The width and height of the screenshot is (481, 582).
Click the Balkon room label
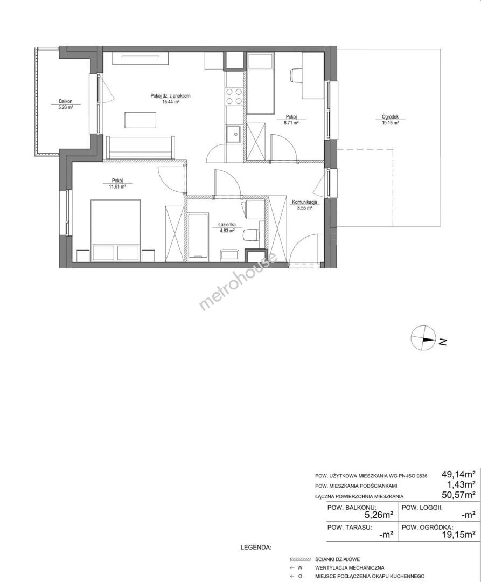tap(65, 101)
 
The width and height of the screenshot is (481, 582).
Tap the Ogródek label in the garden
tap(390, 117)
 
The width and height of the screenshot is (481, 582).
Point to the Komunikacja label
tap(304, 202)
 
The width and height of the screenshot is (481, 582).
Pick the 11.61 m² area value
tap(117, 186)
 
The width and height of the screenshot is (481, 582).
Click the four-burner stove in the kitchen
tap(234, 96)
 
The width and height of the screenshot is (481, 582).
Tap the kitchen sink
tap(234, 133)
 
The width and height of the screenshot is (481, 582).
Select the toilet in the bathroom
tap(250, 235)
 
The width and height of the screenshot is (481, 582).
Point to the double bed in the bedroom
tap(116, 230)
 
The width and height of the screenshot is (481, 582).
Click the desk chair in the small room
tap(296, 75)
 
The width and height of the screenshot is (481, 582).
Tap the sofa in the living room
tap(140, 148)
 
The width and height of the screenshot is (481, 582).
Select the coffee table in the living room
tap(141, 120)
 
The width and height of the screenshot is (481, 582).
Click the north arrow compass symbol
tap(423, 338)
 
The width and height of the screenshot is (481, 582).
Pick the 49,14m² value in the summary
tap(458, 474)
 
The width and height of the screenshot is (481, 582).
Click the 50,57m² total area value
tap(458, 494)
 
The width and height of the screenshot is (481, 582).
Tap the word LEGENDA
tap(256, 547)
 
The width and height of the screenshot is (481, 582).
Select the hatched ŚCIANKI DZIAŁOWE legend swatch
tap(300, 559)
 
